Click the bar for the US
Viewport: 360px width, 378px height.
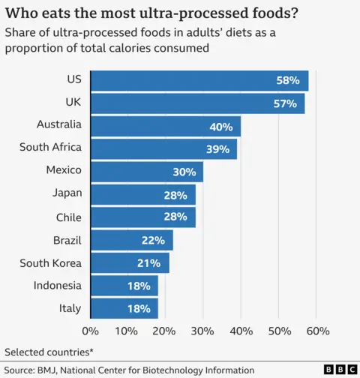199,80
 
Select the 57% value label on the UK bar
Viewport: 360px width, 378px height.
285,103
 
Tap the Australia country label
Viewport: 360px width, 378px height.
59,124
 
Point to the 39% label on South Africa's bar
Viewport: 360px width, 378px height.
217,149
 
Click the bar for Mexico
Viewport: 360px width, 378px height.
146,172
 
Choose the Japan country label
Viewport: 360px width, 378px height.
67,193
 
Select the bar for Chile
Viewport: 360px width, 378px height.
142,217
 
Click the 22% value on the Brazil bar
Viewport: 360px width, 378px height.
152,240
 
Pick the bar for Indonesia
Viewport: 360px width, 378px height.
124,286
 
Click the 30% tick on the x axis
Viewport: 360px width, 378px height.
203,331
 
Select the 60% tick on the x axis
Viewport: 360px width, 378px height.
317,331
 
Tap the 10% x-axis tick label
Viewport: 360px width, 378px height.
127,331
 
